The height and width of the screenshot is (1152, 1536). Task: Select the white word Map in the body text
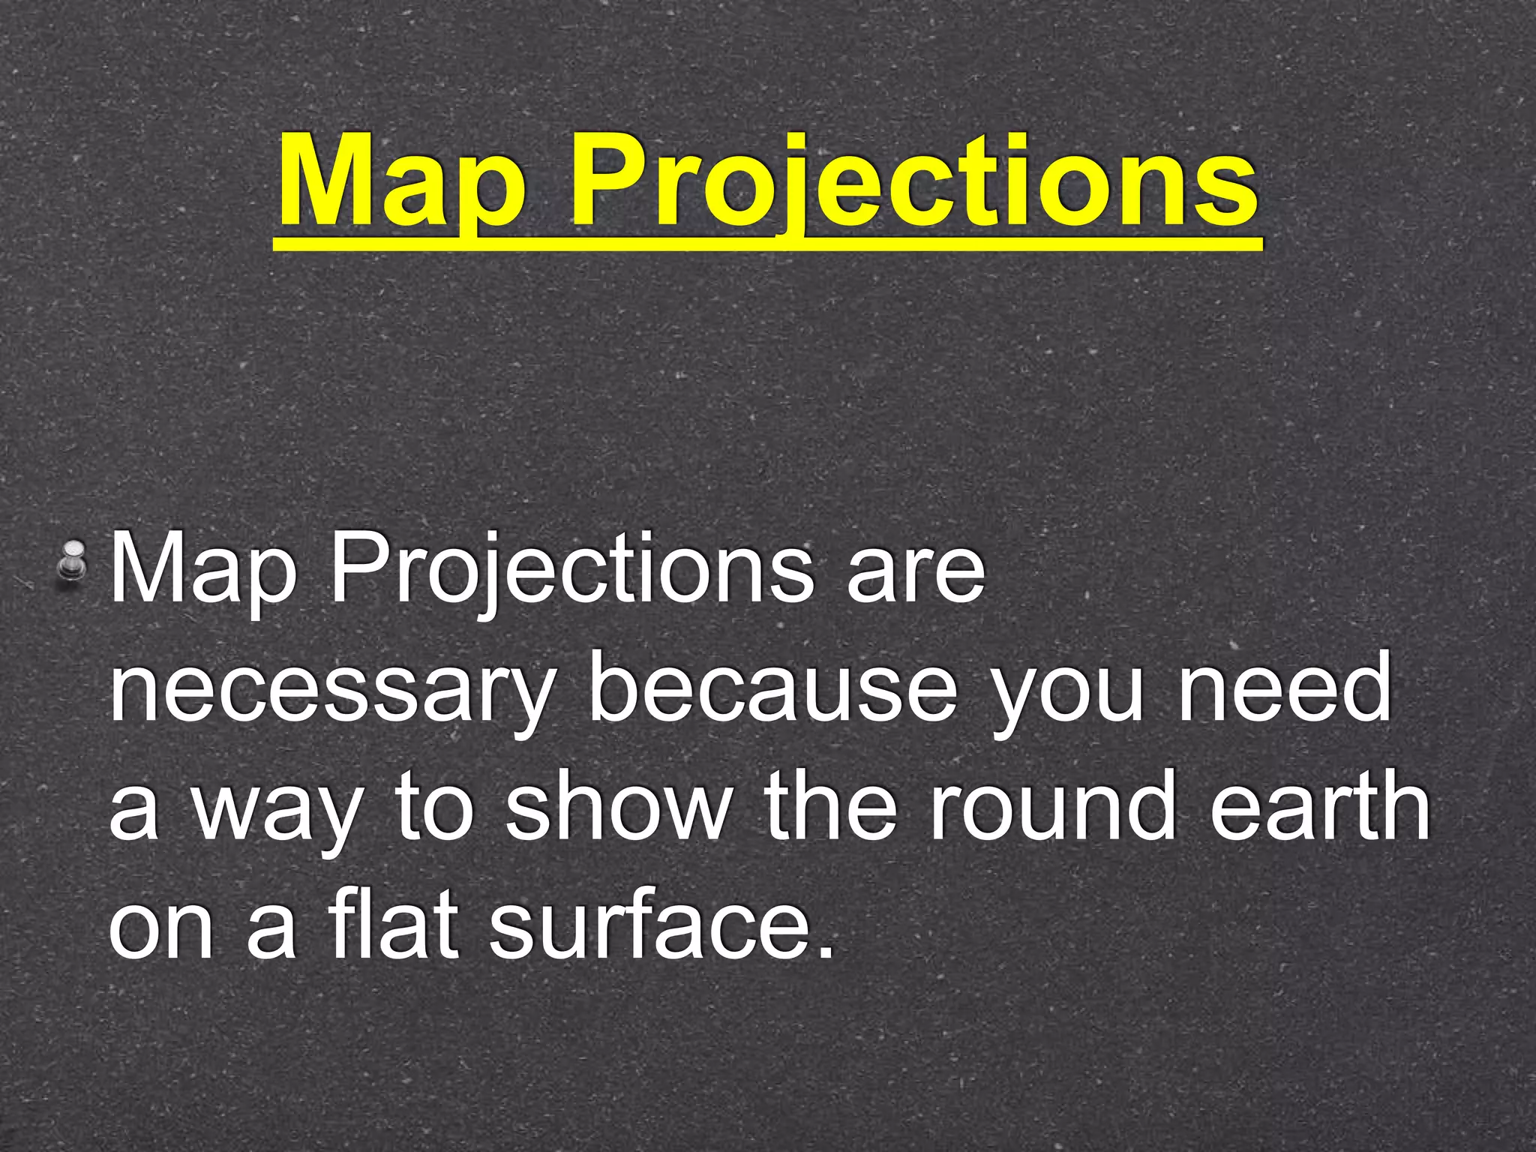click(x=202, y=570)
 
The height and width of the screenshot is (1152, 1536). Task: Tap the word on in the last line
click(x=161, y=930)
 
